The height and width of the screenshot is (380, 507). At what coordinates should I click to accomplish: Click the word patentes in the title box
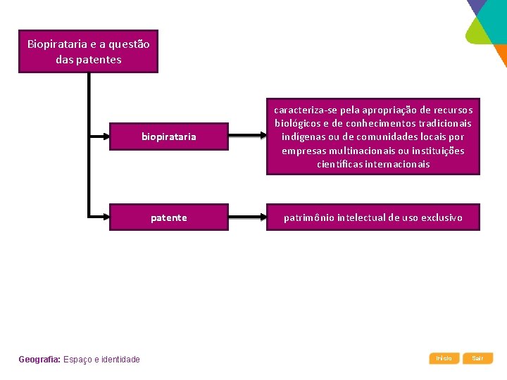click(99, 60)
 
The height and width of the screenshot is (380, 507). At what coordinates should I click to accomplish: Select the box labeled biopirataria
click(169, 137)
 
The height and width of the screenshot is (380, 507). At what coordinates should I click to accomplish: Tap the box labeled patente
click(169, 217)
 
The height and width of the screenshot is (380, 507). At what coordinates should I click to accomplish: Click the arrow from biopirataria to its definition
click(247, 135)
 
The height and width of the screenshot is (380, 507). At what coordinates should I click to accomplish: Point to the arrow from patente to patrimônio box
click(247, 217)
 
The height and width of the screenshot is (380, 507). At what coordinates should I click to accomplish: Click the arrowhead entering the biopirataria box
click(106, 137)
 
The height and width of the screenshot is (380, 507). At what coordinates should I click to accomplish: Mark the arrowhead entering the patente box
click(106, 217)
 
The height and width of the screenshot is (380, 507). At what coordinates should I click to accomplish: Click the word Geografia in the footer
click(39, 360)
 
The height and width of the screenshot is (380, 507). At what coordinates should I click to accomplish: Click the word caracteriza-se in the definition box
click(306, 110)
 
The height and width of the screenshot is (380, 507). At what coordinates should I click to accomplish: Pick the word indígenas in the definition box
click(303, 137)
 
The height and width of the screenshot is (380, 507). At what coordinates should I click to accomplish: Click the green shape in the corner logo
click(478, 32)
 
